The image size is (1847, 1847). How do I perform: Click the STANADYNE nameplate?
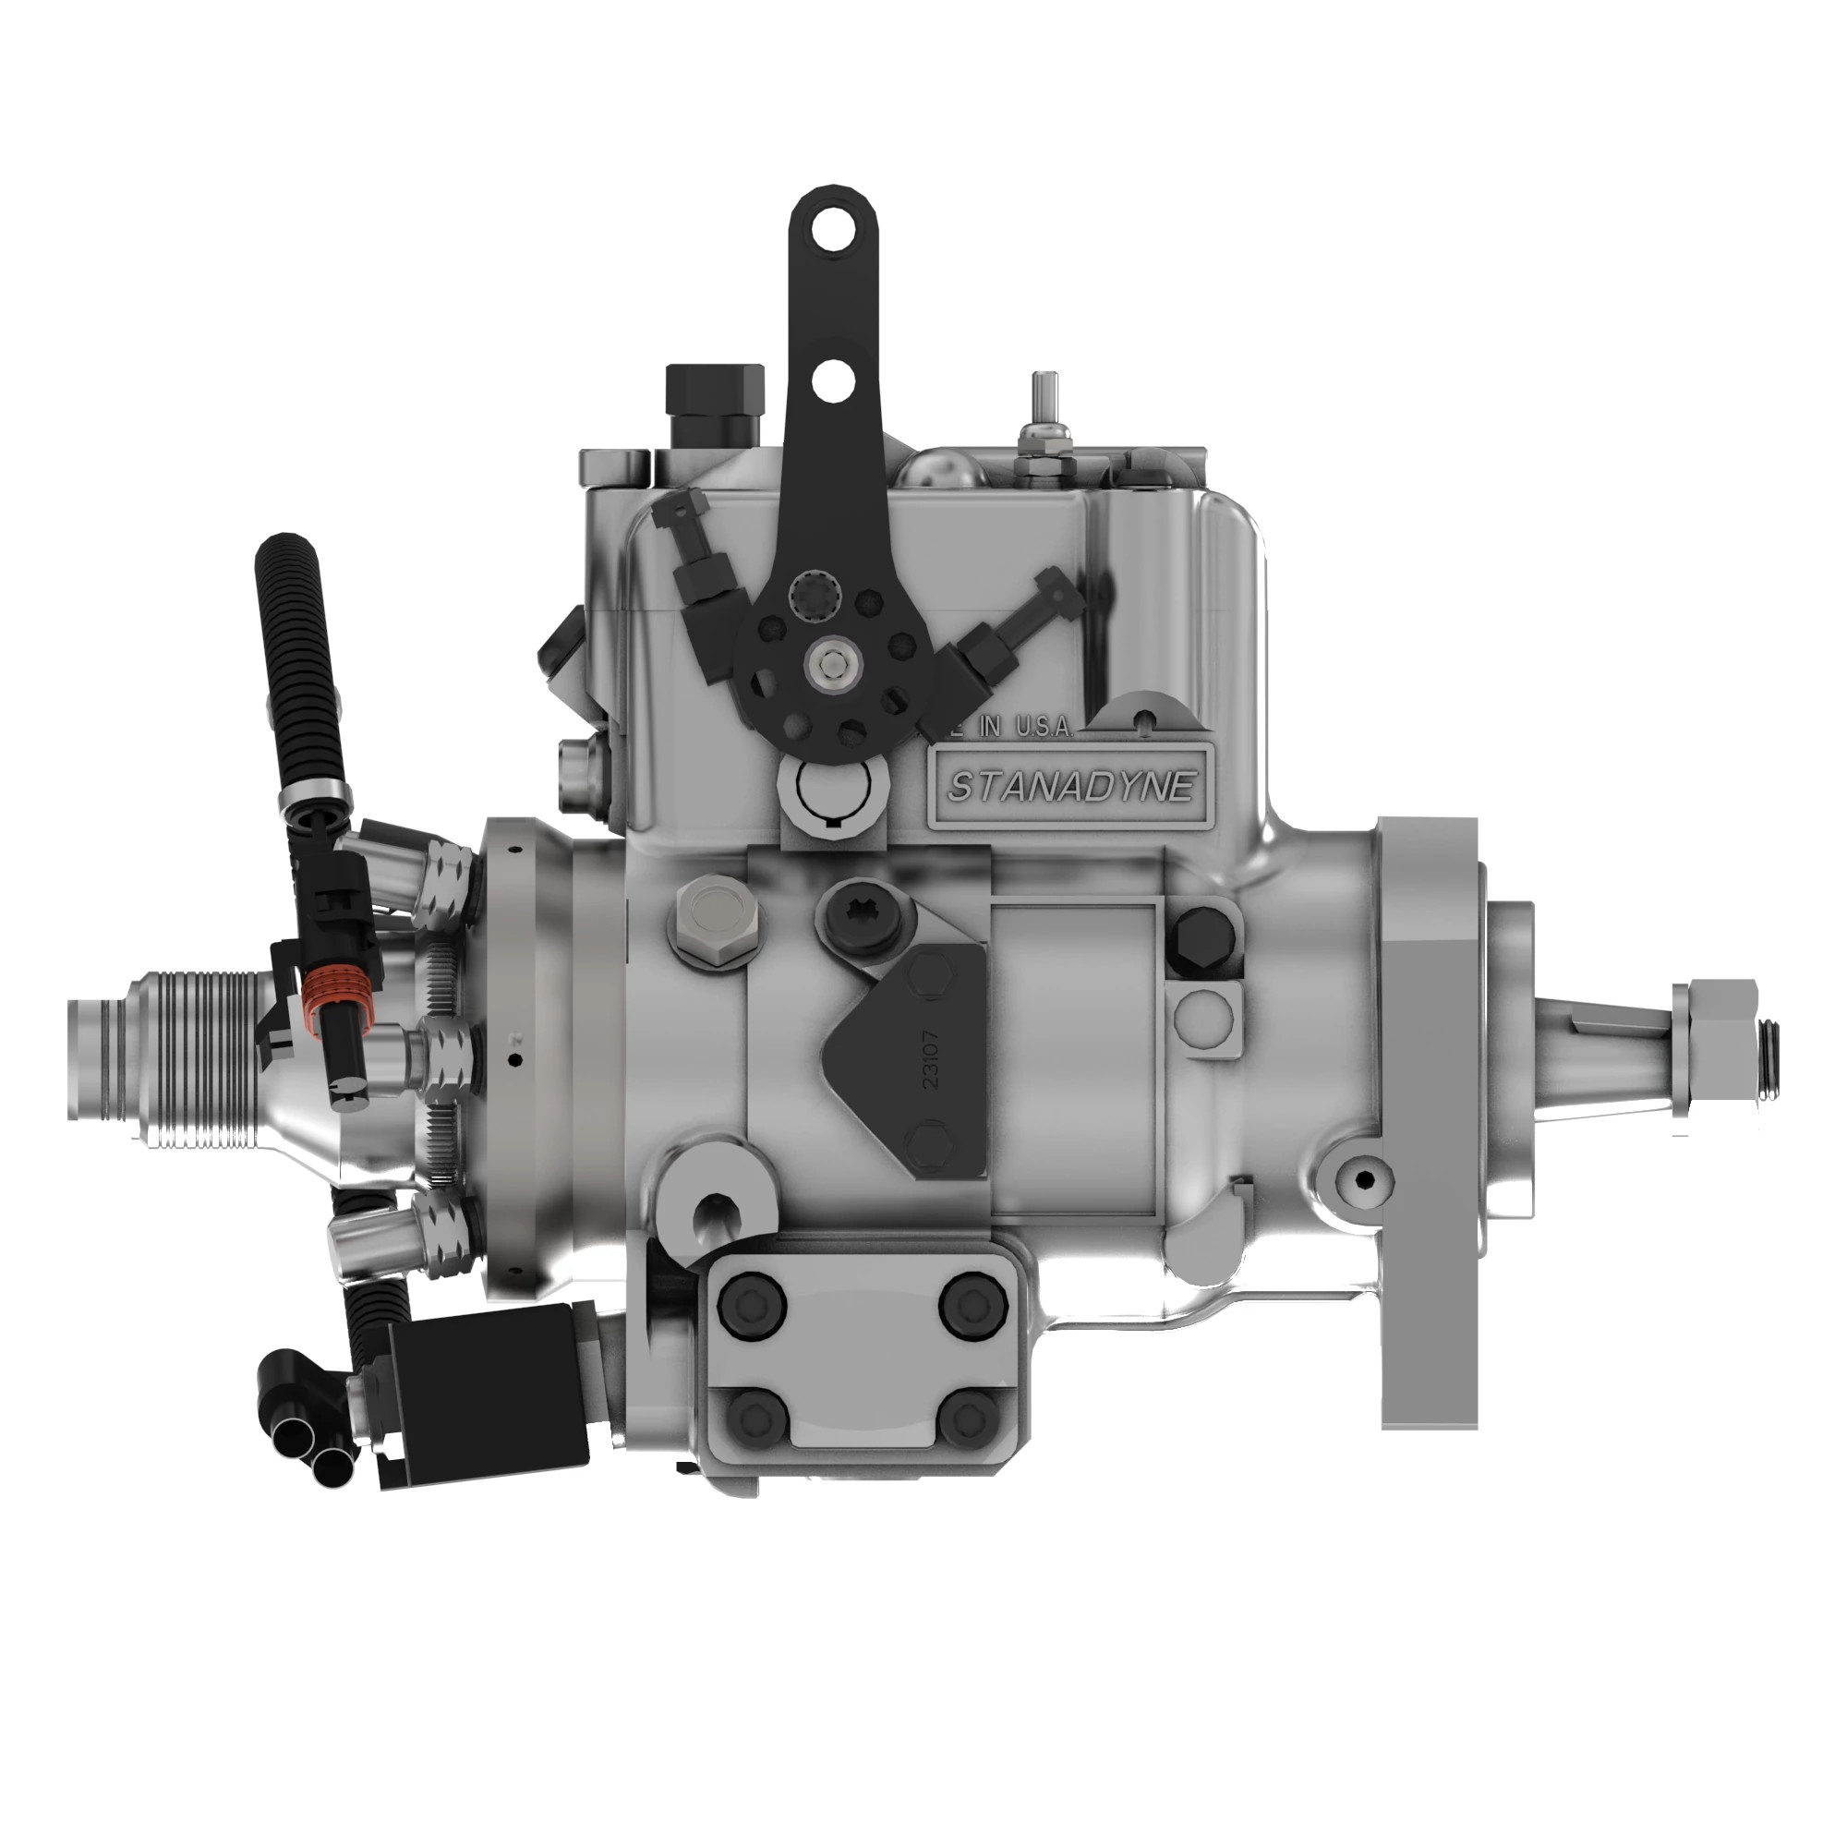[1070, 787]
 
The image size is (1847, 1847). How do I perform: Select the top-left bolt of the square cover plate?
[753, 1308]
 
